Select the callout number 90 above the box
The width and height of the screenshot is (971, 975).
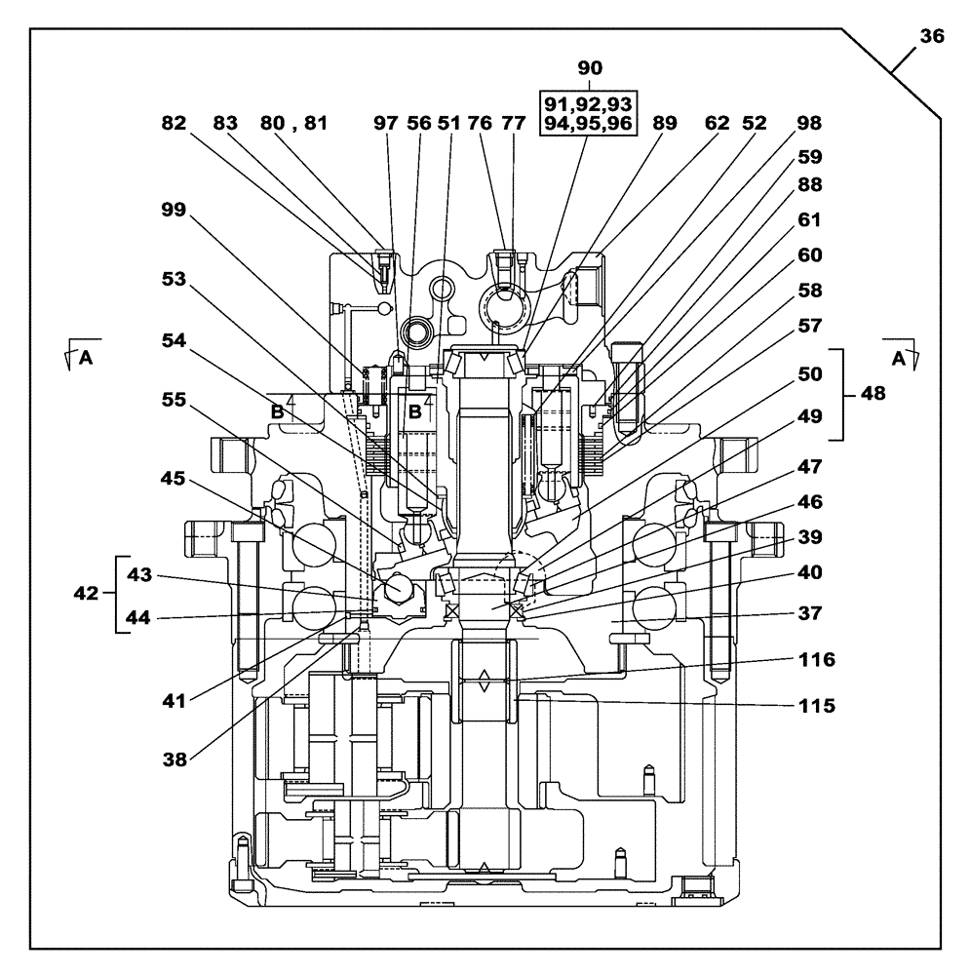coord(590,67)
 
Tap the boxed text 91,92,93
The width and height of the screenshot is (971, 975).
coord(588,103)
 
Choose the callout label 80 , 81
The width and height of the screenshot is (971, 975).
coord(294,123)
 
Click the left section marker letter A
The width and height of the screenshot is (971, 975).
coord(86,358)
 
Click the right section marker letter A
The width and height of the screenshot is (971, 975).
coord(897,358)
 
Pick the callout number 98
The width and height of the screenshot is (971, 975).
coord(808,123)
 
